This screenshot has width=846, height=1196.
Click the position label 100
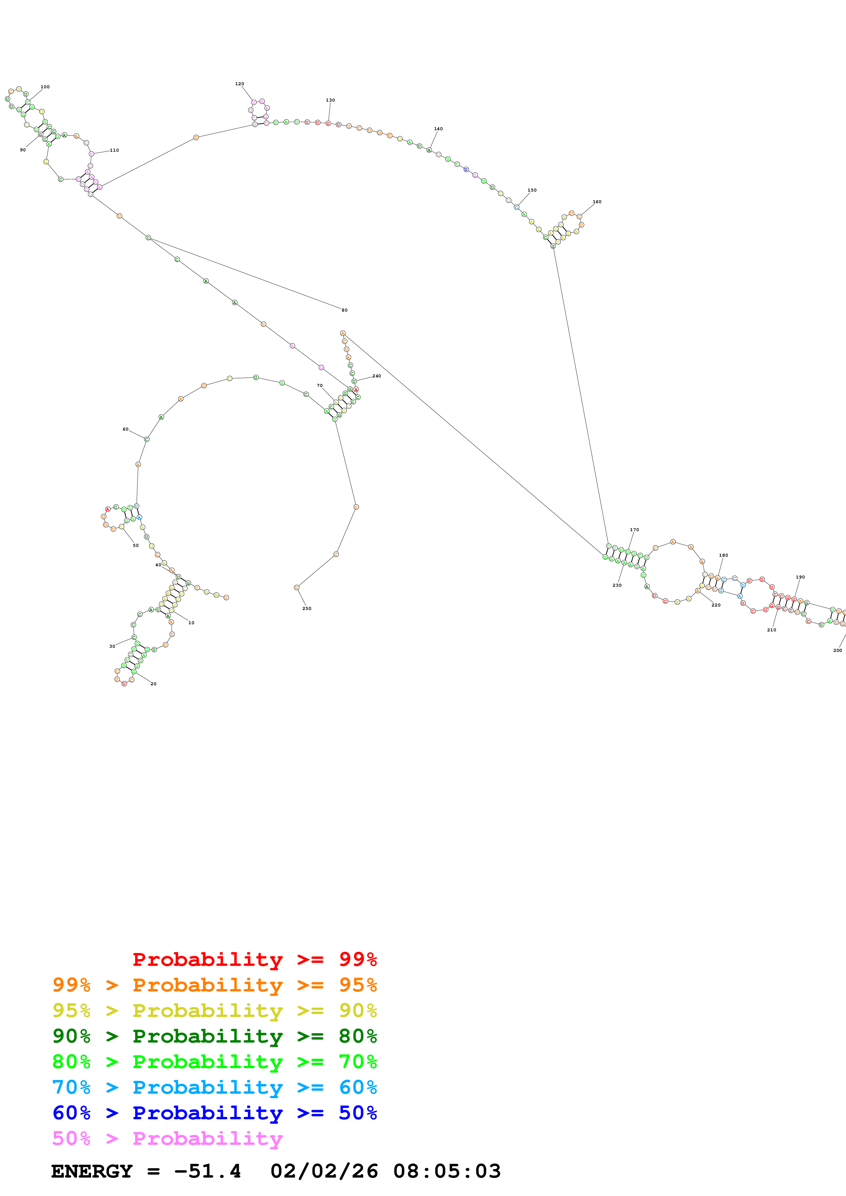click(45, 87)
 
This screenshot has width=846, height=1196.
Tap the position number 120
click(239, 84)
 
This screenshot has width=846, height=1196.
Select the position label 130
click(330, 100)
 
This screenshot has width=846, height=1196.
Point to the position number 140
click(439, 129)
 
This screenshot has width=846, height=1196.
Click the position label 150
click(532, 190)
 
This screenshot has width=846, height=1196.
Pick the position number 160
click(597, 201)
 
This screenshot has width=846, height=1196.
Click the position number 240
click(376, 376)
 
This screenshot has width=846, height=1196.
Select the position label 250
click(307, 609)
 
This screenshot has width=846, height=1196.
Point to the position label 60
click(126, 429)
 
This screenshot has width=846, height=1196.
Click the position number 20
click(153, 684)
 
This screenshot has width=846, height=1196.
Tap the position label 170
click(634, 530)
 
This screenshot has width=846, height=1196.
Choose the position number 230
click(617, 585)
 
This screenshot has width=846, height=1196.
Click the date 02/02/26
click(324, 1171)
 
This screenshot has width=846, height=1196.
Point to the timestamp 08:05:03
click(447, 1171)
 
